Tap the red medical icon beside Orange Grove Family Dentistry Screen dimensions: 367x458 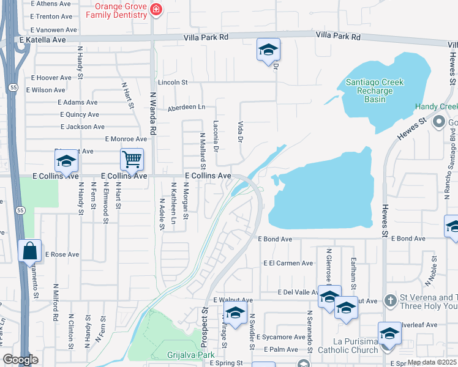(156, 9)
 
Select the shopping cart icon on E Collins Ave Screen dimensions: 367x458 (132, 160)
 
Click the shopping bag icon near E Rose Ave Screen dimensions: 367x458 (29, 251)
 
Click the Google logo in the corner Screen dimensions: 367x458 (20, 360)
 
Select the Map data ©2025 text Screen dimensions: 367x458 (432, 362)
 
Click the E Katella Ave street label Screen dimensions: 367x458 (42, 40)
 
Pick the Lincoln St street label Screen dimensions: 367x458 (172, 82)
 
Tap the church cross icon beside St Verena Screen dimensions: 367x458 (389, 300)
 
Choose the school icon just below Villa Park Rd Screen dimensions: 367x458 (268, 51)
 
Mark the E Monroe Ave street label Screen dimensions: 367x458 (126, 139)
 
